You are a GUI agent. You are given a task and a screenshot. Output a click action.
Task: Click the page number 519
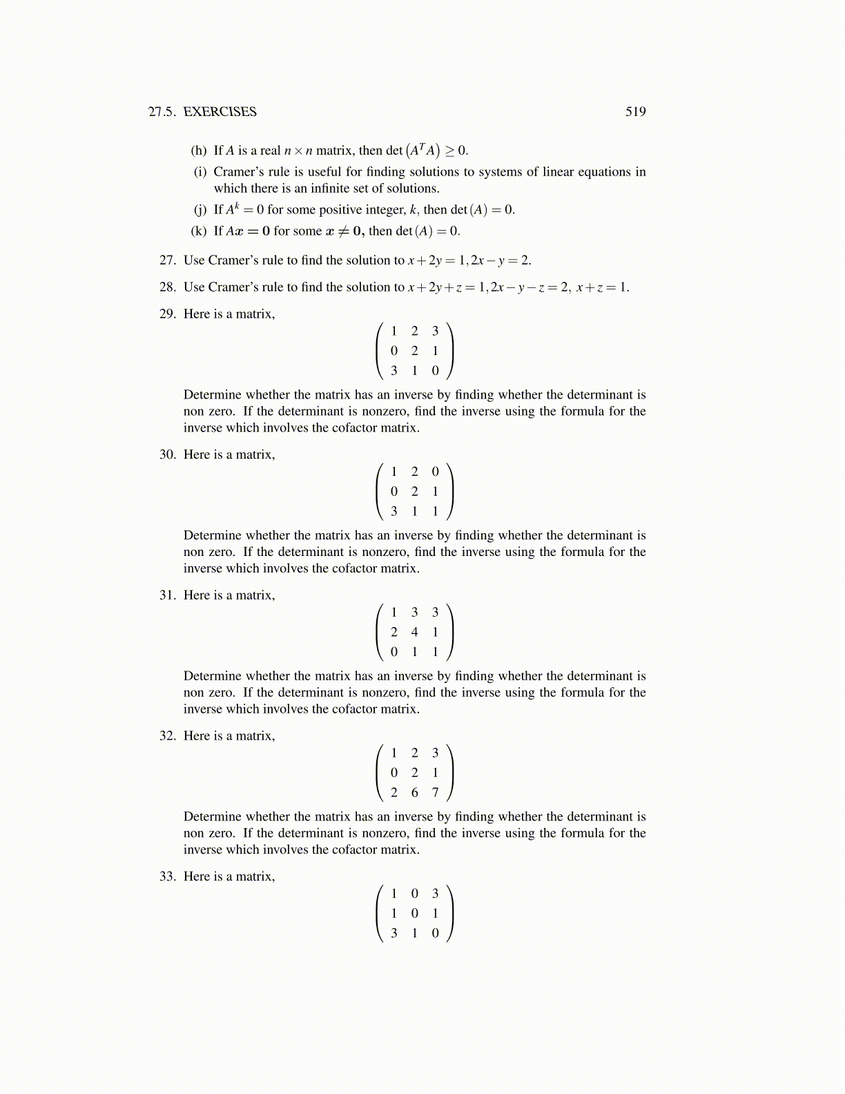pyautogui.click(x=635, y=112)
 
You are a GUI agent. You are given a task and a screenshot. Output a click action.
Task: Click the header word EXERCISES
pyautogui.click(x=220, y=112)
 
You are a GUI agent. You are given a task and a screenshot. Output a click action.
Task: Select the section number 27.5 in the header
pyautogui.click(x=162, y=112)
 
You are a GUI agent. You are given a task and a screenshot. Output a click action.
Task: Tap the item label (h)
pyautogui.click(x=199, y=151)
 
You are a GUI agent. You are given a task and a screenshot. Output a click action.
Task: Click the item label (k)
pyautogui.click(x=199, y=231)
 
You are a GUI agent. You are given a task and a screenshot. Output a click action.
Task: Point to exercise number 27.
pyautogui.click(x=168, y=260)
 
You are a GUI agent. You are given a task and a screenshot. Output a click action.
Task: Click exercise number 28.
pyautogui.click(x=168, y=287)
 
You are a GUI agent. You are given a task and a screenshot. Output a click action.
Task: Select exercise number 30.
pyautogui.click(x=168, y=454)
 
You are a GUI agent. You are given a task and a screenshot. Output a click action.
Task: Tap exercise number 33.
pyautogui.click(x=168, y=876)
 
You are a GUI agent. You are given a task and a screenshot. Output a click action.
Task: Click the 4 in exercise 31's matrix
pyautogui.click(x=414, y=632)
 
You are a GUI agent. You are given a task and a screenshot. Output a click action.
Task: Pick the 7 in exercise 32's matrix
pyautogui.click(x=435, y=793)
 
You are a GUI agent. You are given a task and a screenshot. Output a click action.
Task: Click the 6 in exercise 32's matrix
pyautogui.click(x=414, y=793)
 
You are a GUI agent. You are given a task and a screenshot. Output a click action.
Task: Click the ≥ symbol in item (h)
pyautogui.click(x=449, y=151)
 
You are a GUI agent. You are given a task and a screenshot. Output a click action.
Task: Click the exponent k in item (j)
pyautogui.click(x=236, y=206)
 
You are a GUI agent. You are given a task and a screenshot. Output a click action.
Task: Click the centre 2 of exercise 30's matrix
pyautogui.click(x=414, y=492)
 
